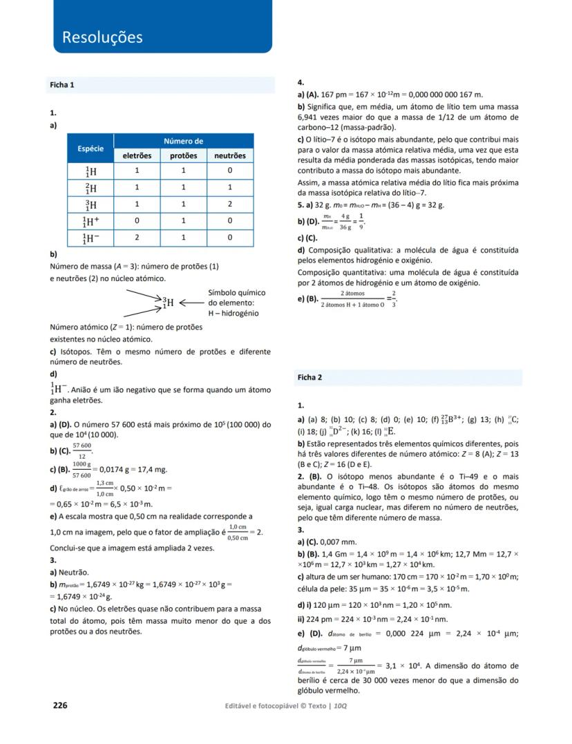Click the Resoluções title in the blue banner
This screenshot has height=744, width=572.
(x=102, y=37)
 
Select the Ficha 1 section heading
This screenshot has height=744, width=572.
(x=62, y=85)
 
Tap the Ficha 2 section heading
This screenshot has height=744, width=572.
(x=309, y=377)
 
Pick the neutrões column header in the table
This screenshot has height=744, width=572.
(x=230, y=156)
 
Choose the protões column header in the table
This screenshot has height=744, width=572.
(x=183, y=156)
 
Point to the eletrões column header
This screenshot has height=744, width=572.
(x=137, y=156)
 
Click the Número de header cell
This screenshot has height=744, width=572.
(x=183, y=142)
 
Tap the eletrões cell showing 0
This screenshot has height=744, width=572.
(x=137, y=221)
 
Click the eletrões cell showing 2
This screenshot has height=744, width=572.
(x=137, y=238)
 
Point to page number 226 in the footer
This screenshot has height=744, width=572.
(x=60, y=705)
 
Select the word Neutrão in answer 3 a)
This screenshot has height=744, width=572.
(x=75, y=573)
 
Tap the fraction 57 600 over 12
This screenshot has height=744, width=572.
(x=82, y=451)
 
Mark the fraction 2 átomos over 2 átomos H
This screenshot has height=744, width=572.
(x=352, y=298)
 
